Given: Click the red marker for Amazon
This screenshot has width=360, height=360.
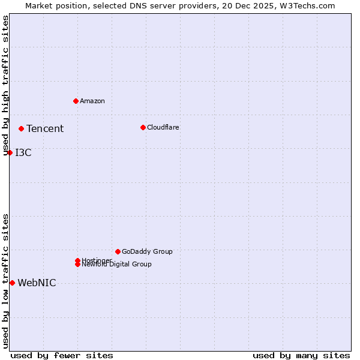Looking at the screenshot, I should point(76,101).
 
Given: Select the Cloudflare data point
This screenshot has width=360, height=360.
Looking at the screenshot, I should point(143,127).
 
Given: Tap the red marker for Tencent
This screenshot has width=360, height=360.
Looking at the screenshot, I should point(21,128).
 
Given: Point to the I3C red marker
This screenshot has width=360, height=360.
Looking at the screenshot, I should point(10,152).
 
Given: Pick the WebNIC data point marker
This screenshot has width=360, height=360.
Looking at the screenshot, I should point(12,283).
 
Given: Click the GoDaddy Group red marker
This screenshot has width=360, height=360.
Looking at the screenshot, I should point(118,251).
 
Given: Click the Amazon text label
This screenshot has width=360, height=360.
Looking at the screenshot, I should point(92,101).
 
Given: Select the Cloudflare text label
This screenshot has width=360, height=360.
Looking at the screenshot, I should point(163,127).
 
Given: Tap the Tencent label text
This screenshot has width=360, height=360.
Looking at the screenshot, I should point(45,128).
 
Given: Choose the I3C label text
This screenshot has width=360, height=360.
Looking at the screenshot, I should point(23,152).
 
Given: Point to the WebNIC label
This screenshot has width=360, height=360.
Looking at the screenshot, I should point(37,283).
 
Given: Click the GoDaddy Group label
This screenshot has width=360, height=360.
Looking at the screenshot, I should point(147,251).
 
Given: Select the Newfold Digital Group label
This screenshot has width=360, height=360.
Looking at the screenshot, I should point(117,265).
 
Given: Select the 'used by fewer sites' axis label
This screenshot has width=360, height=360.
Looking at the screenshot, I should point(62,355).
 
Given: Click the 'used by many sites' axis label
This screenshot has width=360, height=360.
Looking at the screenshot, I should point(301,355).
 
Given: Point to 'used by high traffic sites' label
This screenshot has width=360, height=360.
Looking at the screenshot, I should point(5,86).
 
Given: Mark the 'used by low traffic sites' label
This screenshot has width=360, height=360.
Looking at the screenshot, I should point(5,281).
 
